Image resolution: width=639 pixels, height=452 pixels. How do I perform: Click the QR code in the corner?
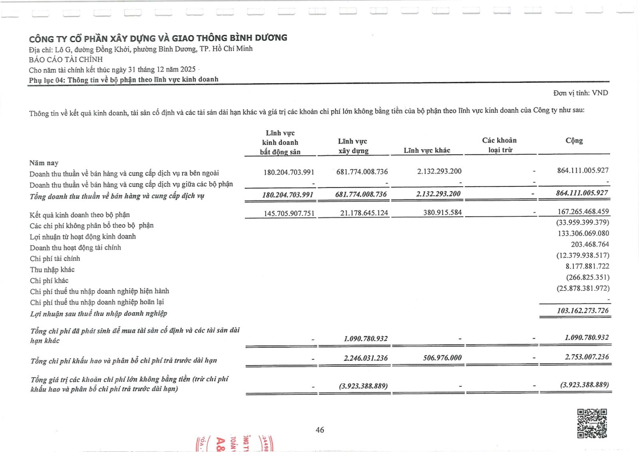coord(592,423)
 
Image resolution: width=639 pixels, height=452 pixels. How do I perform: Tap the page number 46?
coord(319,430)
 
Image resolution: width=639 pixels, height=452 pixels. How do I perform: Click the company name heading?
coord(158,38)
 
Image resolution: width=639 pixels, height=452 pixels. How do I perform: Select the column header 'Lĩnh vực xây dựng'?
coord(353,146)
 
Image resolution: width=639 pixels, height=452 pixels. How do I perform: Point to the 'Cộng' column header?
coord(574,140)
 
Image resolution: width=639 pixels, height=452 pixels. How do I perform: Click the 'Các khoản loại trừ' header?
coord(499,145)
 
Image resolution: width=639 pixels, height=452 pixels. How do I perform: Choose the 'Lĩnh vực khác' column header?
coord(427,150)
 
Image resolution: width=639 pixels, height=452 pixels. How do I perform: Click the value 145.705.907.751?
coord(289,213)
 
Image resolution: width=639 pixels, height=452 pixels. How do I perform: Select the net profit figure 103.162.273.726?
coord(583,310)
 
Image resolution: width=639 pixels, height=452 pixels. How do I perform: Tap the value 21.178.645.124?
coord(364,213)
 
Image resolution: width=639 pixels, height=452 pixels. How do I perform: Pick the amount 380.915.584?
coord(443,212)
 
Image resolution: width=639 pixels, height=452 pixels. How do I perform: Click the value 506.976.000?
coord(442,358)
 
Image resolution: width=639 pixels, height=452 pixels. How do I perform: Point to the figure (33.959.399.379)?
coord(583,222)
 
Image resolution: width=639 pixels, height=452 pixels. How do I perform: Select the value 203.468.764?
coord(589,244)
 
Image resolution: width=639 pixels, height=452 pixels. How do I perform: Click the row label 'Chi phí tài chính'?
coord(55,258)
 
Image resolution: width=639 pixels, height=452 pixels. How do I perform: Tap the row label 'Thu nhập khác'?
coord(52,270)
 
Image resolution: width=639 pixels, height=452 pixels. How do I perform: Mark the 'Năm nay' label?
coord(44,163)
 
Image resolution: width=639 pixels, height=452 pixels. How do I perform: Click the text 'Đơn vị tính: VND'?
coord(580,93)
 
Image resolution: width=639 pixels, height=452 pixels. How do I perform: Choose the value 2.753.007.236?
coord(587,357)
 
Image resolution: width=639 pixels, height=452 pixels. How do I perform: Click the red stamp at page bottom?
coord(234,443)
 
